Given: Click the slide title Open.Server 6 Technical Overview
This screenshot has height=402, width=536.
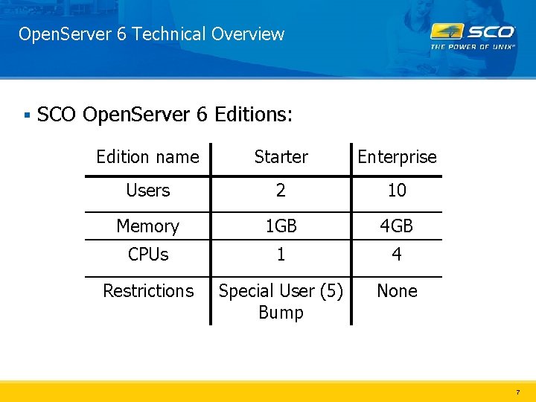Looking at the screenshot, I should [151, 34].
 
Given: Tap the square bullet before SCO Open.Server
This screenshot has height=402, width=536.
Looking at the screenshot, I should [26, 115].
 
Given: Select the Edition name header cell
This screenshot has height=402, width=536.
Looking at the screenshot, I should [147, 157].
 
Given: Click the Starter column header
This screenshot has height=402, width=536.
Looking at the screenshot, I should [281, 157].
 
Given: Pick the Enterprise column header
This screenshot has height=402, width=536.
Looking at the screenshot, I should [397, 157].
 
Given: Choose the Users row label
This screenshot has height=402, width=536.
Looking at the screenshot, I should [147, 191].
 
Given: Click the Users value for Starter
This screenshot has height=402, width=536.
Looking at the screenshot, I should [281, 191].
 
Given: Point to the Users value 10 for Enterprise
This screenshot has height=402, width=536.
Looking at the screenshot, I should [397, 191].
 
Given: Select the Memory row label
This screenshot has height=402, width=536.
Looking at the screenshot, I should [147, 226].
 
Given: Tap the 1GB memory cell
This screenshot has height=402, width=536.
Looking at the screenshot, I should [281, 226].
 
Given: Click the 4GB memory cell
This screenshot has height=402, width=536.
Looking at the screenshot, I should [397, 226].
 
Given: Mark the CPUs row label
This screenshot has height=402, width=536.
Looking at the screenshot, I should [147, 255].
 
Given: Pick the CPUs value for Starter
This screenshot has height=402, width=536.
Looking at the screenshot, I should [281, 255].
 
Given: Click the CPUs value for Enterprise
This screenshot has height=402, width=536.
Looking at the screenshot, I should [397, 255].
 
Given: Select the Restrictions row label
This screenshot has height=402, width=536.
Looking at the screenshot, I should [147, 291].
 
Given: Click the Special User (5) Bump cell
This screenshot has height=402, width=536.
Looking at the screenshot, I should [281, 301].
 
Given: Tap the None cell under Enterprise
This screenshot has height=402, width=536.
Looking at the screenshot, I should [397, 291].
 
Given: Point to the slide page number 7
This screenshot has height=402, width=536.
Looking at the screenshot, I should [517, 392].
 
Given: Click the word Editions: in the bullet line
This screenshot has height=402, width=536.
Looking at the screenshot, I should [254, 115].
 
